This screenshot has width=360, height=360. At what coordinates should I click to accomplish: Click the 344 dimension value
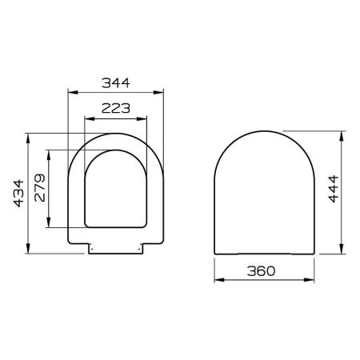(x=117, y=81)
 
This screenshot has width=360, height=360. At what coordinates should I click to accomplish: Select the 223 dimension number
(x=117, y=110)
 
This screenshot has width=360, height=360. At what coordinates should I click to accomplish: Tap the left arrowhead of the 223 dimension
(x=87, y=119)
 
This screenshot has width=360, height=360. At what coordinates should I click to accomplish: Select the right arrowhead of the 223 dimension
(x=147, y=119)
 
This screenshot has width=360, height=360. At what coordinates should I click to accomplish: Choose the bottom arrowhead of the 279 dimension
(x=50, y=225)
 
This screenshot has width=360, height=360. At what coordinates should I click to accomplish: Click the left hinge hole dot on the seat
(x=94, y=247)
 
